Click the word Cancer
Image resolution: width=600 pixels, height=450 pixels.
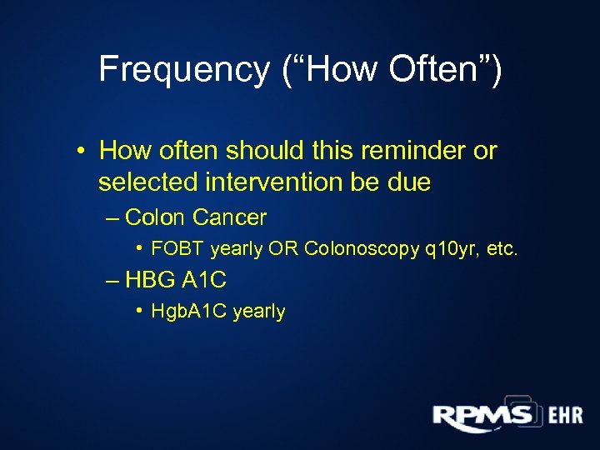(229, 217)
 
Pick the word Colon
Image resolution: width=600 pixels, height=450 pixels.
(156, 217)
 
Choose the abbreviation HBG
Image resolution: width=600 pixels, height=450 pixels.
(152, 279)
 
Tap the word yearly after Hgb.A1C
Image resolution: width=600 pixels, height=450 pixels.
(259, 312)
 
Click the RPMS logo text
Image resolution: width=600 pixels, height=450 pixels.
(482, 415)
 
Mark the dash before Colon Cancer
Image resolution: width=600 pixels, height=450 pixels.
(113, 218)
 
